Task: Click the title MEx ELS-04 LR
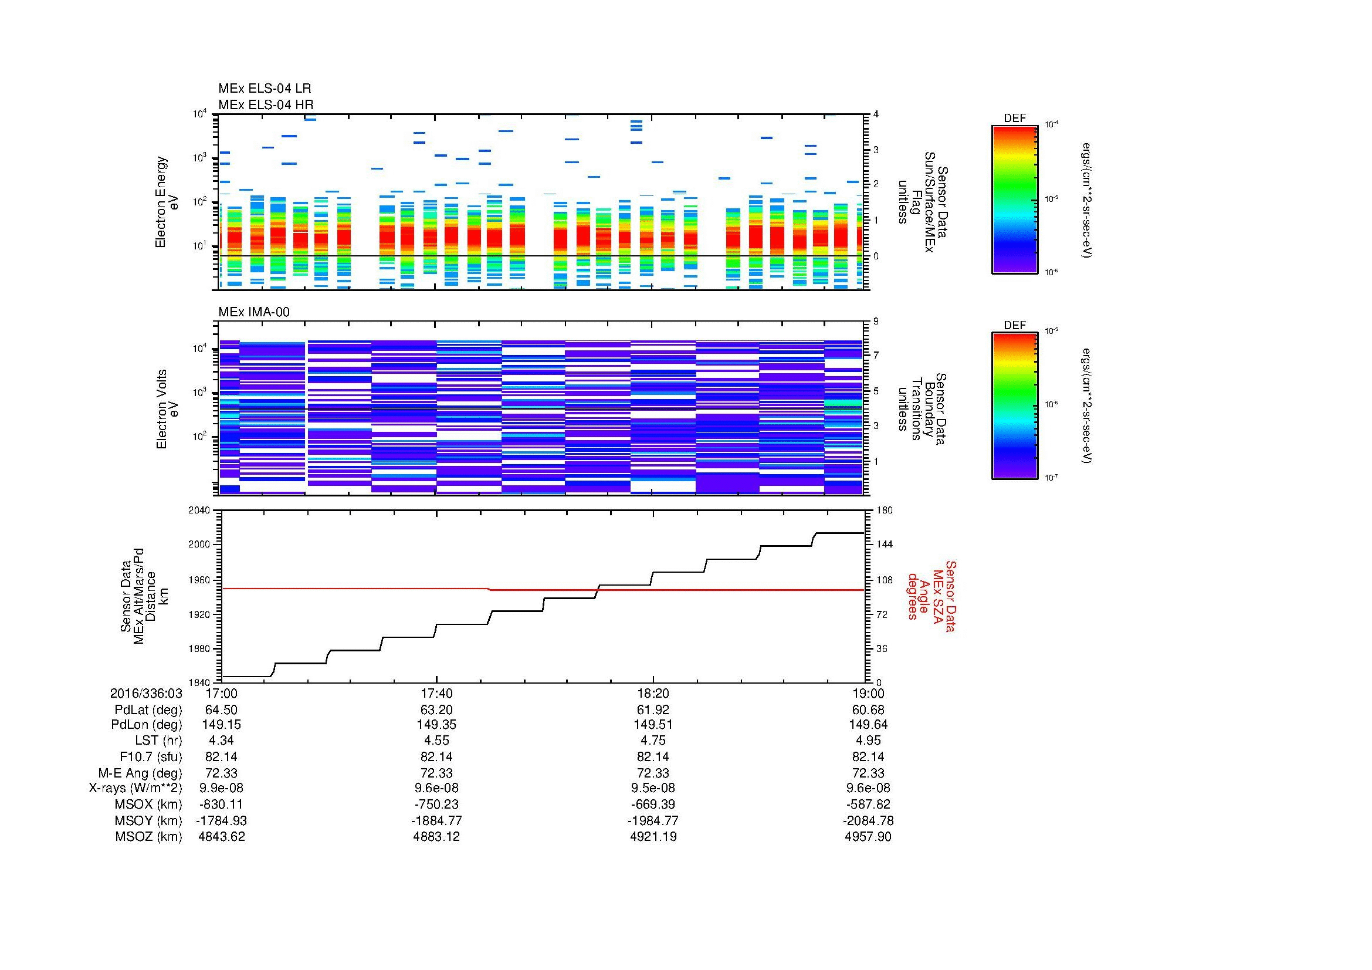pos(265,89)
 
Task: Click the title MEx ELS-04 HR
pos(266,104)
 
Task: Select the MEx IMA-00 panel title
pos(254,312)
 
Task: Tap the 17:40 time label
pos(437,693)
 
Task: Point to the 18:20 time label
pos(653,693)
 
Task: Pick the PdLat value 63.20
pos(437,710)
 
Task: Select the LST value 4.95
pos(868,741)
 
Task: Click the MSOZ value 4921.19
pos(653,837)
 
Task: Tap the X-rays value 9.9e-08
pos(222,788)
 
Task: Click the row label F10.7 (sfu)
pos(151,756)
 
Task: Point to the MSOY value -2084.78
pos(868,820)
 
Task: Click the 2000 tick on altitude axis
pos(199,545)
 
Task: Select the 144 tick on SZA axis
pos(884,545)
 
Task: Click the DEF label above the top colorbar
pos(1014,119)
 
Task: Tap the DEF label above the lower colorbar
pos(1014,325)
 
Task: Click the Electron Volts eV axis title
pos(167,409)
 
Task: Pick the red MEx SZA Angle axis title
pos(931,596)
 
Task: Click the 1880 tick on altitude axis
pos(199,648)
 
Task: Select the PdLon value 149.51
pos(653,724)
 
